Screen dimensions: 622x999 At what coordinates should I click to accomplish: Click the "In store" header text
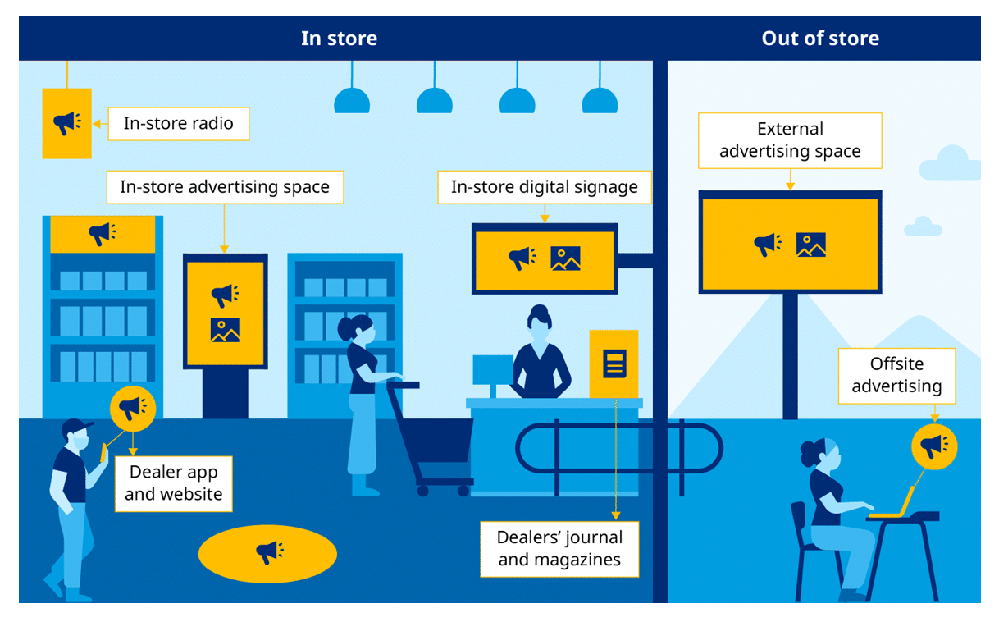(x=339, y=39)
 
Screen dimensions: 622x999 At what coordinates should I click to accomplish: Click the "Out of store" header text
(x=819, y=39)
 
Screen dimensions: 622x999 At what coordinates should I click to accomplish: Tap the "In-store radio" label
(x=178, y=124)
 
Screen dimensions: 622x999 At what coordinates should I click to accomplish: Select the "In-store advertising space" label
(x=224, y=187)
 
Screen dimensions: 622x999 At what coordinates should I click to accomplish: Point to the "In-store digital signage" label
(x=544, y=187)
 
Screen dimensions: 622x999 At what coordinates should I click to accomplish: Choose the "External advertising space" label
(x=790, y=140)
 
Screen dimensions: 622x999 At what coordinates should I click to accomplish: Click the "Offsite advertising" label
(x=896, y=375)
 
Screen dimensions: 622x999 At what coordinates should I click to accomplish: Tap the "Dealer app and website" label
(x=173, y=483)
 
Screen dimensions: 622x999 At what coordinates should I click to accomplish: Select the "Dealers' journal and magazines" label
(x=559, y=549)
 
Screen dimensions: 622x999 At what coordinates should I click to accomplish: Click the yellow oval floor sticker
(x=267, y=554)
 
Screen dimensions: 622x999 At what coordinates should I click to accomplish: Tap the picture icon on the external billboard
(x=810, y=245)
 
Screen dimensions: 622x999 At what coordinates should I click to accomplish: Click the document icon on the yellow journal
(x=614, y=363)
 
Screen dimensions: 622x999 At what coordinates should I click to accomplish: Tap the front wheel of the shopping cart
(x=422, y=491)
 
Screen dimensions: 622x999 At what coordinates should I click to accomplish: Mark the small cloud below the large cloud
(x=923, y=226)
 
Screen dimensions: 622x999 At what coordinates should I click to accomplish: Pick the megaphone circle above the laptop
(x=933, y=446)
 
